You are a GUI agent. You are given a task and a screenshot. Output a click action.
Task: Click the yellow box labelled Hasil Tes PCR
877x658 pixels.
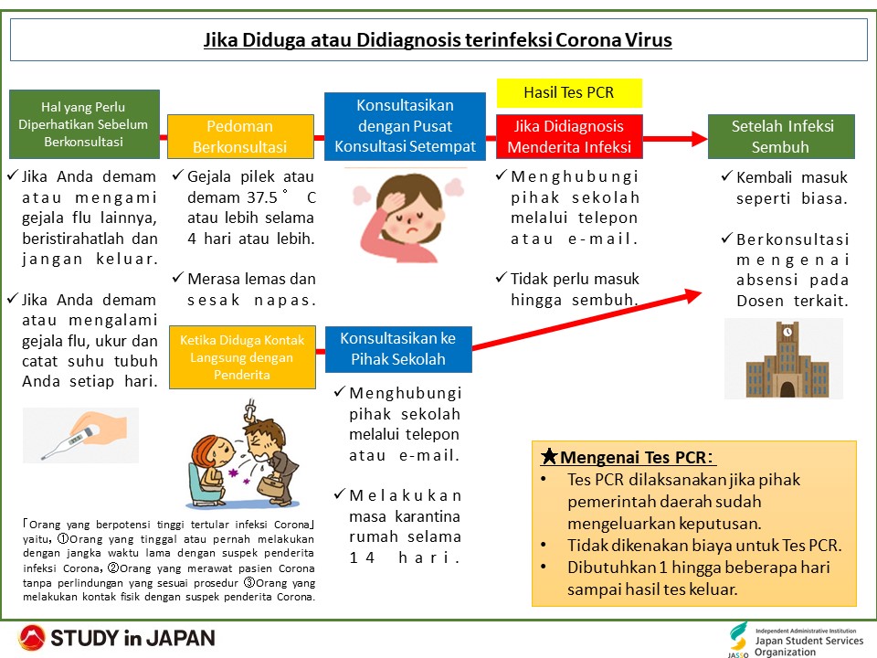click(569, 93)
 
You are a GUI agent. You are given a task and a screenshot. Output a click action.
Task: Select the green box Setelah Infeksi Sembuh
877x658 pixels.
click(781, 136)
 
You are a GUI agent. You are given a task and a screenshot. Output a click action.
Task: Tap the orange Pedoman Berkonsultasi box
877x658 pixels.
click(240, 136)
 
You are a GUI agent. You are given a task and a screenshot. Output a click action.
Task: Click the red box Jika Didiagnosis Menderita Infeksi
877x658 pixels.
click(569, 136)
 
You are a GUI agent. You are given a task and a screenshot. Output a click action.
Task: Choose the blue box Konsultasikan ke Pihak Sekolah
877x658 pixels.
click(398, 349)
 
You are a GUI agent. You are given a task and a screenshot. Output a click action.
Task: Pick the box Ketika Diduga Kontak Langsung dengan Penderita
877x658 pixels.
click(242, 357)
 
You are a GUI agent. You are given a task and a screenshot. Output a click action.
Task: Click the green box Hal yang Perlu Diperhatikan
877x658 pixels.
click(84, 124)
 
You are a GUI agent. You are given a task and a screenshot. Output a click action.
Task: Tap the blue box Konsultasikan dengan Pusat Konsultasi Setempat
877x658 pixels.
click(405, 126)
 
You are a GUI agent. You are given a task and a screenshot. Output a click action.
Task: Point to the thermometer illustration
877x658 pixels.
click(80, 435)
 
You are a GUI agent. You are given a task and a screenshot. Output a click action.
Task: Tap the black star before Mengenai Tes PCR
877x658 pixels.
click(549, 456)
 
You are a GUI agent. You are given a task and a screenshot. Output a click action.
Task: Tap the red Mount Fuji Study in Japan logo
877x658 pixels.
click(31, 638)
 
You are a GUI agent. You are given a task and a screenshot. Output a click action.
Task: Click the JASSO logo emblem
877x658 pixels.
click(738, 639)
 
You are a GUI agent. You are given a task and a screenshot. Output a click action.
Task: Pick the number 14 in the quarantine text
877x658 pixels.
click(362, 557)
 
